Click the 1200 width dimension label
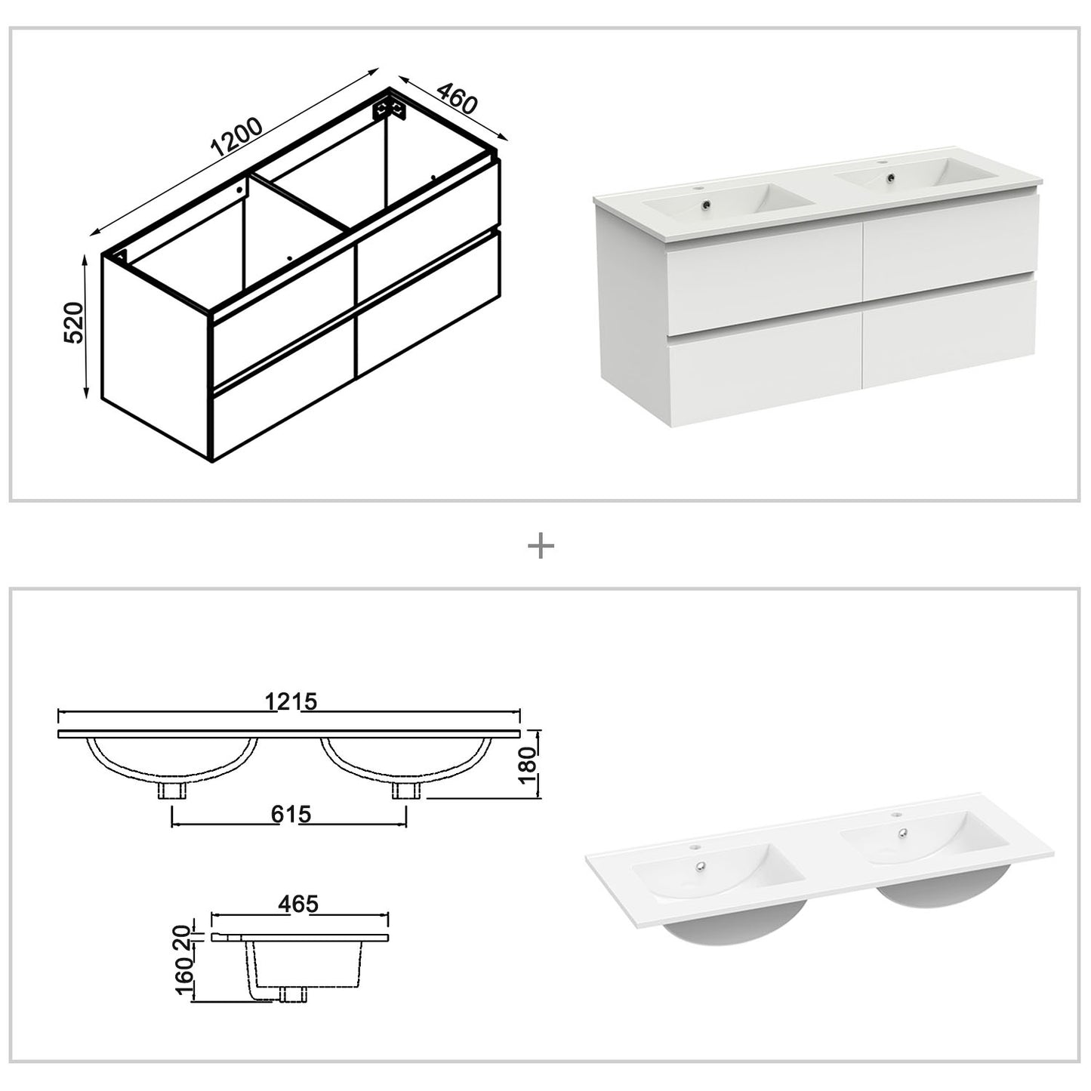(236, 137)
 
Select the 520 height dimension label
(73, 322)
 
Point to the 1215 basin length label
(291, 701)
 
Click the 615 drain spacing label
(291, 814)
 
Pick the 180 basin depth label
(528, 763)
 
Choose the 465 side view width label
(298, 904)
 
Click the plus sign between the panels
(541, 546)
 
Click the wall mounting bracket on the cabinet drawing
(392, 106)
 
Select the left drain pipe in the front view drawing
(172, 791)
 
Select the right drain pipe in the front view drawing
(405, 791)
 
